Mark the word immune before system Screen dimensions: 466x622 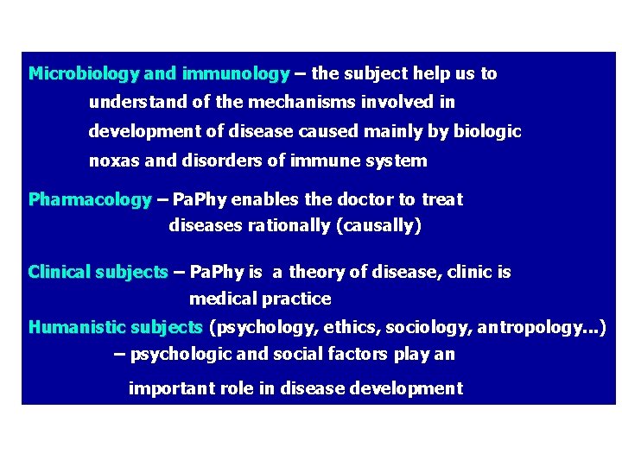pos(327,161)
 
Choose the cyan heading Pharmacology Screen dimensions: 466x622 pos(90,200)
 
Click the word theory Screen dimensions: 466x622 pos(315,273)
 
